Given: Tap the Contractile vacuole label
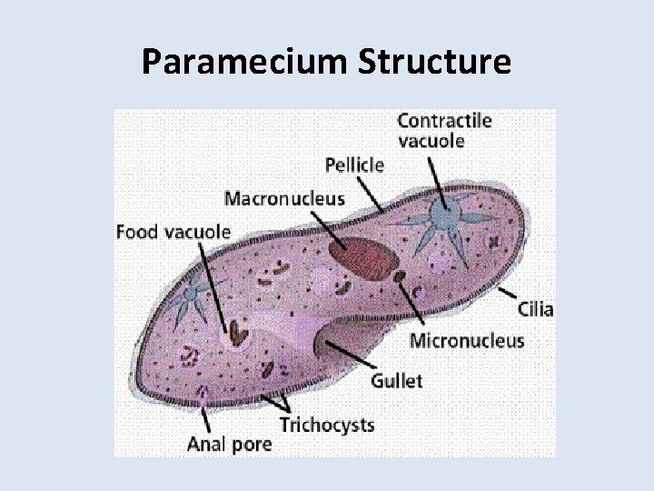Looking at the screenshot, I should click(x=444, y=130).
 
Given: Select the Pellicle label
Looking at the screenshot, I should click(x=354, y=165).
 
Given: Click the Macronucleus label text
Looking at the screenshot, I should click(x=284, y=197).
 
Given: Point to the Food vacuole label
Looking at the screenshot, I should click(x=173, y=231).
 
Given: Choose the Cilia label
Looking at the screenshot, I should click(x=535, y=308).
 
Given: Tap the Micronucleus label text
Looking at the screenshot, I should click(x=467, y=341).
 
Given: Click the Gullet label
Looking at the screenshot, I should click(x=396, y=379).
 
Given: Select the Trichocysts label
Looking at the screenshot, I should click(x=326, y=424).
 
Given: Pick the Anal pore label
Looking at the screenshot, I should click(x=229, y=444).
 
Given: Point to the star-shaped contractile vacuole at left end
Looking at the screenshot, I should click(x=191, y=296).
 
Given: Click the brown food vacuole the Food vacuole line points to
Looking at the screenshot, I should click(x=237, y=334).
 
